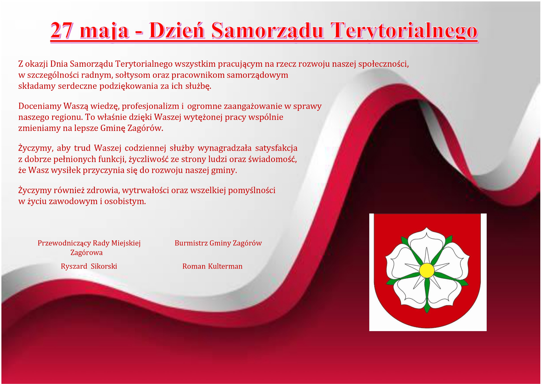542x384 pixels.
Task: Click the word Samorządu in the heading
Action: [267, 31]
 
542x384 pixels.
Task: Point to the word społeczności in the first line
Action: [383, 64]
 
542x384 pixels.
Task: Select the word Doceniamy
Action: [40, 106]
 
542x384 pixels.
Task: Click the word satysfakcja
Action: [276, 148]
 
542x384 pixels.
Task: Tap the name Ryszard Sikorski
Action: [89, 266]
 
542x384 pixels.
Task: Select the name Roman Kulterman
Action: [212, 266]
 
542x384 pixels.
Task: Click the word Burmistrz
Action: [191, 243]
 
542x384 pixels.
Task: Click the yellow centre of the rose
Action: [427, 270]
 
